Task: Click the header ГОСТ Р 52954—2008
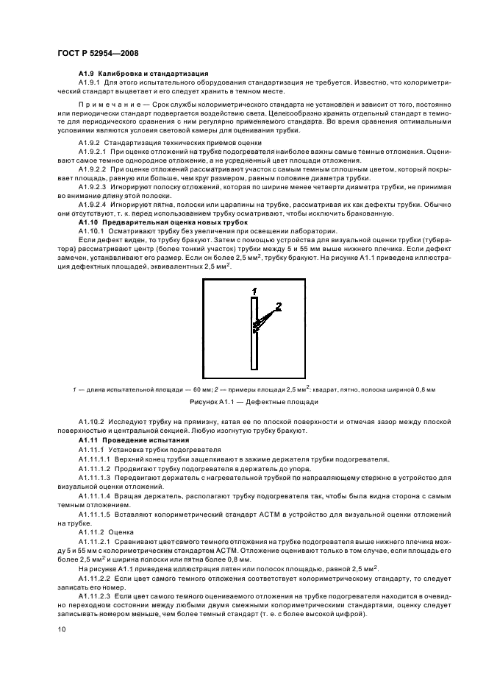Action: [x=97, y=54]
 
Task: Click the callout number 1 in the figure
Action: [x=254, y=291]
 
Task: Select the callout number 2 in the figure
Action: [x=279, y=304]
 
